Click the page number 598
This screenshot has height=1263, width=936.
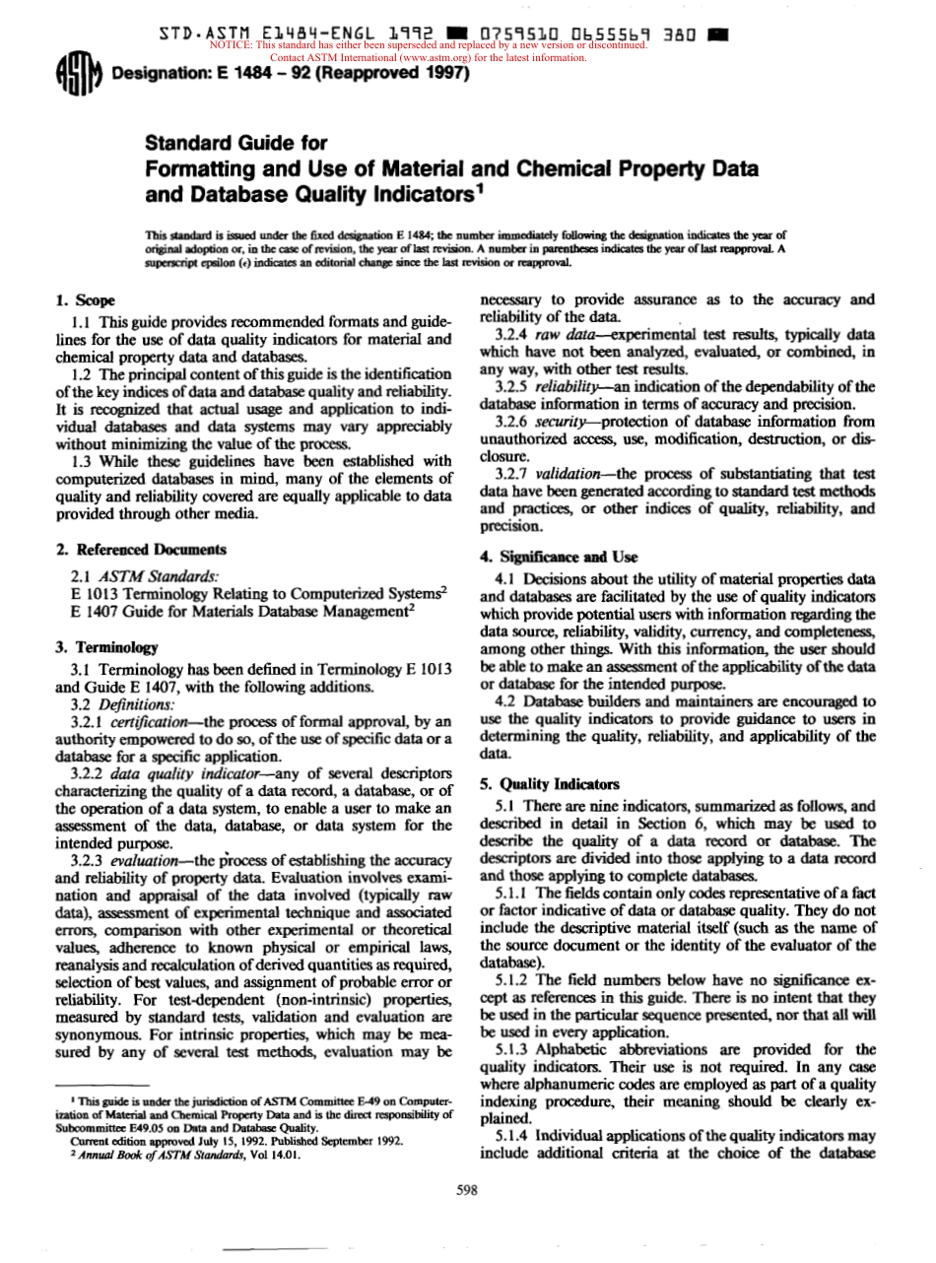[467, 1190]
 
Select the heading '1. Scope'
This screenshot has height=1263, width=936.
[86, 299]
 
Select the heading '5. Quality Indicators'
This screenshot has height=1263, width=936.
[549, 784]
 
